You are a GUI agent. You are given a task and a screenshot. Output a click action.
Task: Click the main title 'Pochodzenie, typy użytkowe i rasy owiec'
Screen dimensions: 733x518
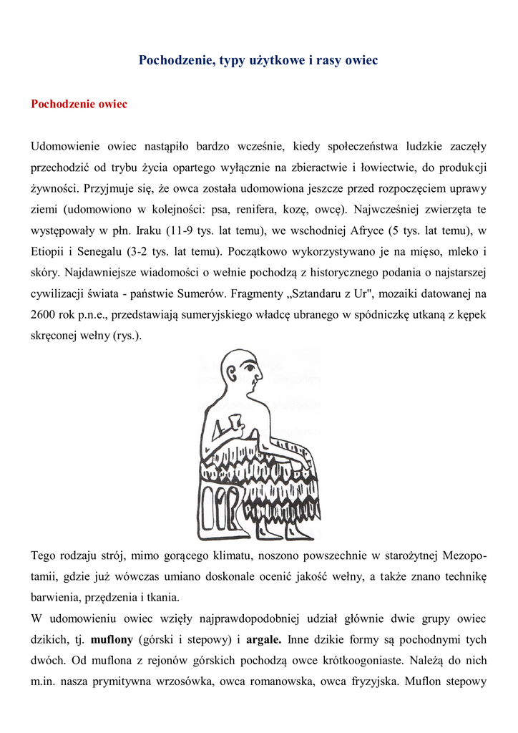pos(258,60)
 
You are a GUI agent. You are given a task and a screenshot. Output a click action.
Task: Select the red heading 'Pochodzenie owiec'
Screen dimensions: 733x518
pos(79,105)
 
